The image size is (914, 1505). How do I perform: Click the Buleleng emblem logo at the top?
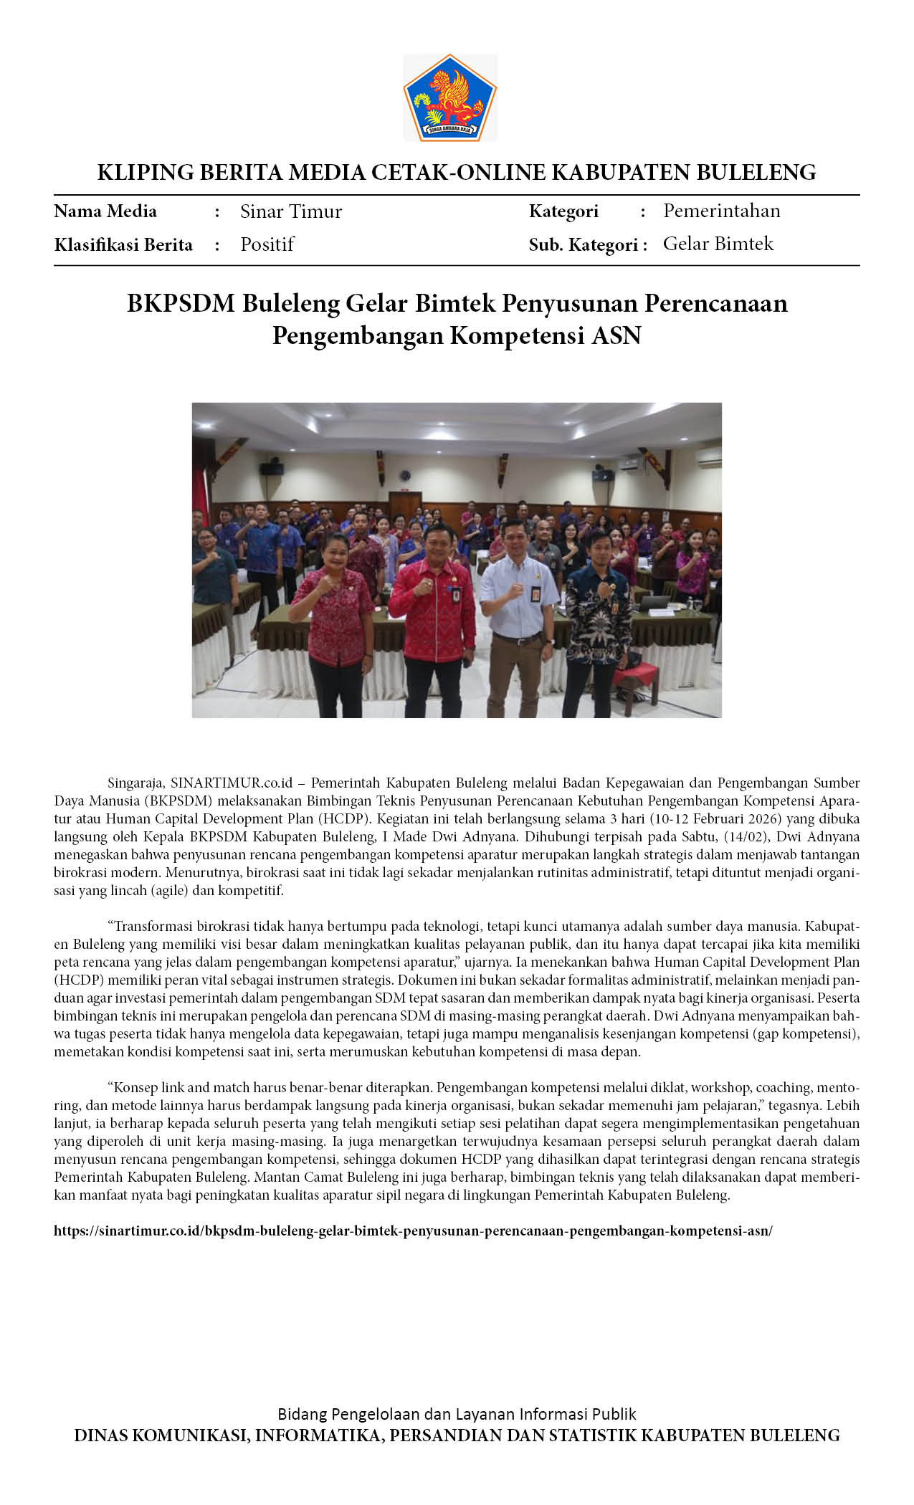coord(450,97)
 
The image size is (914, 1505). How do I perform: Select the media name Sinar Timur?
coord(290,211)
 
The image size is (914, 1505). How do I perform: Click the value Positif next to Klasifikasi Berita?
coord(267,244)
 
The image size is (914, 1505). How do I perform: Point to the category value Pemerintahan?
coord(721,211)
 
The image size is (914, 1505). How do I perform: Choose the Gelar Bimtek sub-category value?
coord(718,244)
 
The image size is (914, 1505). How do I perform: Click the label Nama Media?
coord(105,211)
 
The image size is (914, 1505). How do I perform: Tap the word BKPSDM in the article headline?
coord(181,304)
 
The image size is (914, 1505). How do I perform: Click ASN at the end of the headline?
coord(616,335)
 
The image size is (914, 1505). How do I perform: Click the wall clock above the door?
coord(405,475)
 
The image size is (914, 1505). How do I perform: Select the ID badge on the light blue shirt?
coord(535,594)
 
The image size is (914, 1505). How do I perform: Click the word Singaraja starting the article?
coord(137,783)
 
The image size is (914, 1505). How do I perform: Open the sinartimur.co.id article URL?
coord(413,1231)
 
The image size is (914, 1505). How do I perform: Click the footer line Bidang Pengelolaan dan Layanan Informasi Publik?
coord(457,1414)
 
